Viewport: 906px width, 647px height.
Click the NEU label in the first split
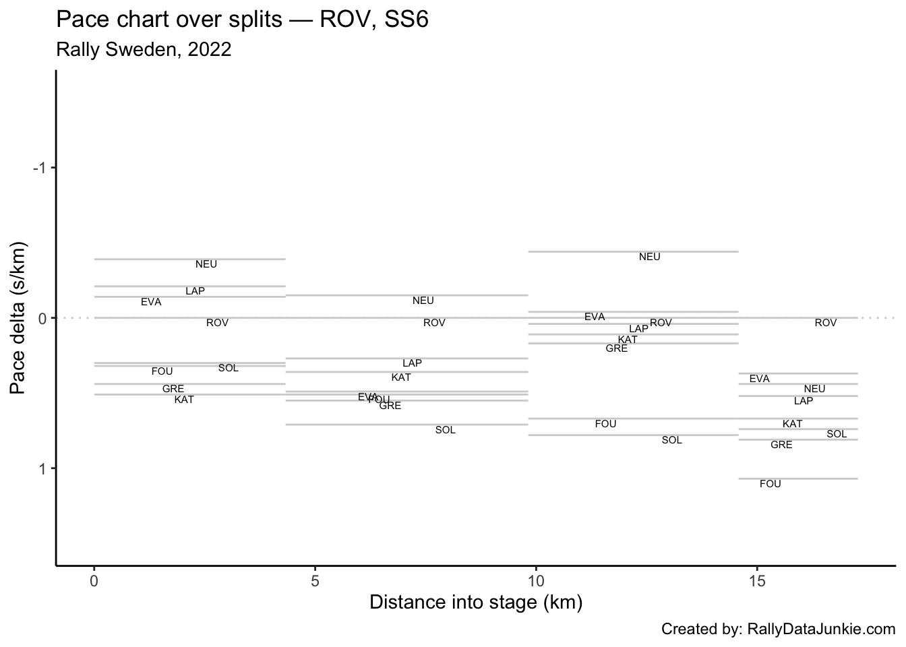[206, 264]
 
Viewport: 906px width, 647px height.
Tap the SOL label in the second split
[446, 430]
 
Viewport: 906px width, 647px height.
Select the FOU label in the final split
[771, 484]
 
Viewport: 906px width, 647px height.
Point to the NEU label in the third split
[650, 257]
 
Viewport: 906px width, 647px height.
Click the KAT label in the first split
[184, 400]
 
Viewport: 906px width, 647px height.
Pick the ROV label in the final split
[826, 323]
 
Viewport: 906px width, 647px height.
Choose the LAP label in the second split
[412, 363]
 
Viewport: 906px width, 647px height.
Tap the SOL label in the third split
[672, 440]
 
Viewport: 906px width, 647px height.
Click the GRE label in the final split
[781, 445]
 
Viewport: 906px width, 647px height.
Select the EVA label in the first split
[151, 302]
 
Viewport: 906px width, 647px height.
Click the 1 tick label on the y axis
[42, 468]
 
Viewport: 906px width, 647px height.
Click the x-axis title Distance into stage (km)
[476, 602]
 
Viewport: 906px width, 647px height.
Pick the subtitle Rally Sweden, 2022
[144, 49]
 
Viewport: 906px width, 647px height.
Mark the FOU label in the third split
[606, 424]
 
